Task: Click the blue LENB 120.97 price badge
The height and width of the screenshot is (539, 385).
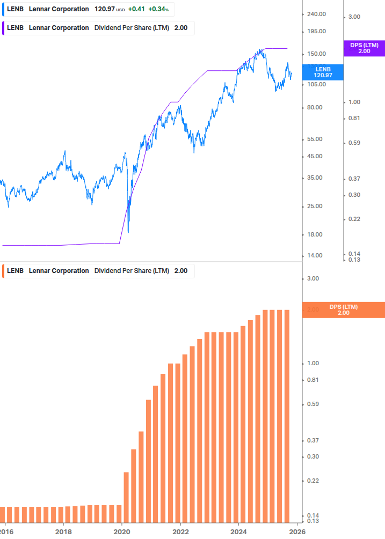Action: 323,72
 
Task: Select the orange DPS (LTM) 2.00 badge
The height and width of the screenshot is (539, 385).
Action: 343,310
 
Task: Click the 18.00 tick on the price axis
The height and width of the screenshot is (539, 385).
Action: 316,234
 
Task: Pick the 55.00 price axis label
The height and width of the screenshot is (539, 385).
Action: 316,139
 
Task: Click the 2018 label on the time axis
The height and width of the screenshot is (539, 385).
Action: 63,531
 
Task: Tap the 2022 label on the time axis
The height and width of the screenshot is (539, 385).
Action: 180,531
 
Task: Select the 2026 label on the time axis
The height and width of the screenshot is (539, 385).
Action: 297,531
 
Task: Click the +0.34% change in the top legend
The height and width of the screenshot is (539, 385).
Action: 158,9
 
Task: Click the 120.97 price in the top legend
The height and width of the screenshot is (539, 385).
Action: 104,9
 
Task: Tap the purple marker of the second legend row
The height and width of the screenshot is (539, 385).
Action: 4,28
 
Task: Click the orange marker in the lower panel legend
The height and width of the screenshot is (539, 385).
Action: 4,271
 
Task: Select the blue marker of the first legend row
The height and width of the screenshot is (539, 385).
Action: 4,9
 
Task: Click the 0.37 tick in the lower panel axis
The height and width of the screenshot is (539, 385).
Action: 313,440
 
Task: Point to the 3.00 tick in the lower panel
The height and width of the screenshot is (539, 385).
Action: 313,278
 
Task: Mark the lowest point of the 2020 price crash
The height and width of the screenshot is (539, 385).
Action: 128,232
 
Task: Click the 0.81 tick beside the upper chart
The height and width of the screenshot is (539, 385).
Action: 353,118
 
